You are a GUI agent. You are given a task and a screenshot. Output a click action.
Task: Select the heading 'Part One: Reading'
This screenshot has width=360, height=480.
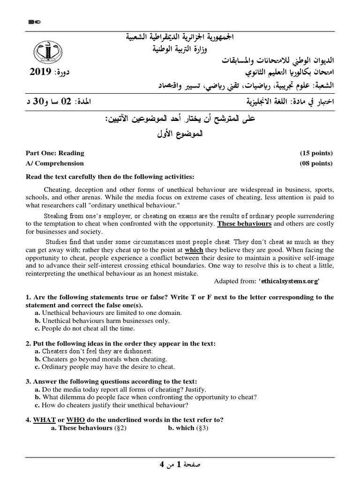pos(55,153)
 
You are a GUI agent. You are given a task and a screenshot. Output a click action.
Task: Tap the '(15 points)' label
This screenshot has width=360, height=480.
pos(316,153)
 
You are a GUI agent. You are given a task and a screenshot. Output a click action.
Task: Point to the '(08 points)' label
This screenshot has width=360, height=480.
pos(316,163)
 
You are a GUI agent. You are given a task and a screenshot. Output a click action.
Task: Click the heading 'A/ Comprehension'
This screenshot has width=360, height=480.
pos(54,163)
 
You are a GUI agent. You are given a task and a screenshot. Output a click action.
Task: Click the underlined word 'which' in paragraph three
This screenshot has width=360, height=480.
pos(194,250)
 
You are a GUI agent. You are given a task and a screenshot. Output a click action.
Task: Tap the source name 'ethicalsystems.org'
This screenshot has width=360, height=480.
pos(291,281)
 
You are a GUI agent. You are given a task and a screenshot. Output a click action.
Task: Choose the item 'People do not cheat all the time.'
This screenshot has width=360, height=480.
pos(88,329)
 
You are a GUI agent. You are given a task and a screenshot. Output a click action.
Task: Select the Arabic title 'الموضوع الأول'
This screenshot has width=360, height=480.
pos(180,135)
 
